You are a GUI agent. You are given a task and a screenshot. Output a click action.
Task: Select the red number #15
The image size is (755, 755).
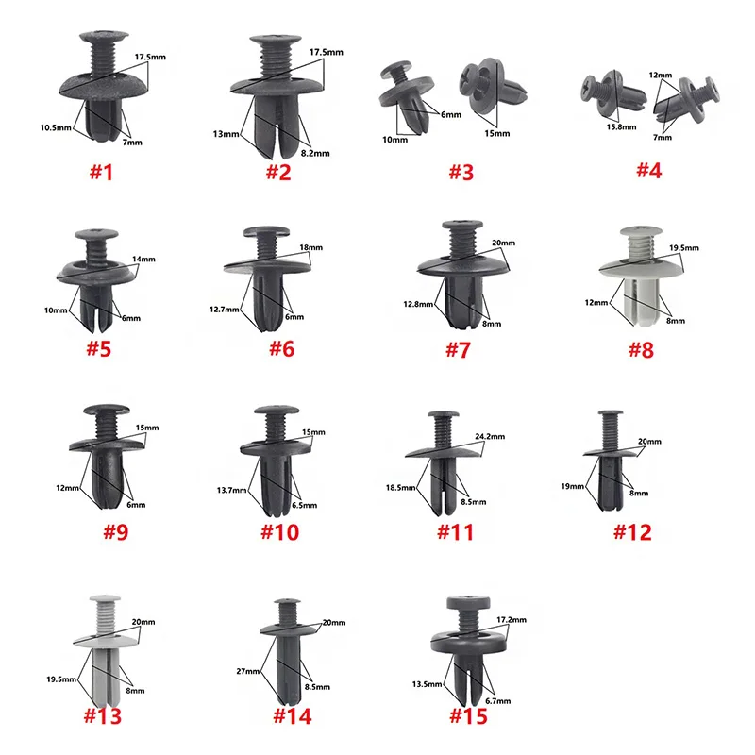pyautogui.click(x=469, y=716)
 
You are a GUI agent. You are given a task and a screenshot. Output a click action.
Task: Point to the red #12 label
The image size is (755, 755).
pyautogui.click(x=631, y=532)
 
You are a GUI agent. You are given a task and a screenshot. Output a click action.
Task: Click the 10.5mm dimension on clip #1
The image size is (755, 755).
pyautogui.click(x=55, y=126)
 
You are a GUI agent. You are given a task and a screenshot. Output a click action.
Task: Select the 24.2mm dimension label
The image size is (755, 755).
pyautogui.click(x=490, y=438)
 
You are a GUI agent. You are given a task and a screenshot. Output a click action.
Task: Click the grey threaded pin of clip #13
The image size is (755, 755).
pyautogui.click(x=106, y=618)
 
